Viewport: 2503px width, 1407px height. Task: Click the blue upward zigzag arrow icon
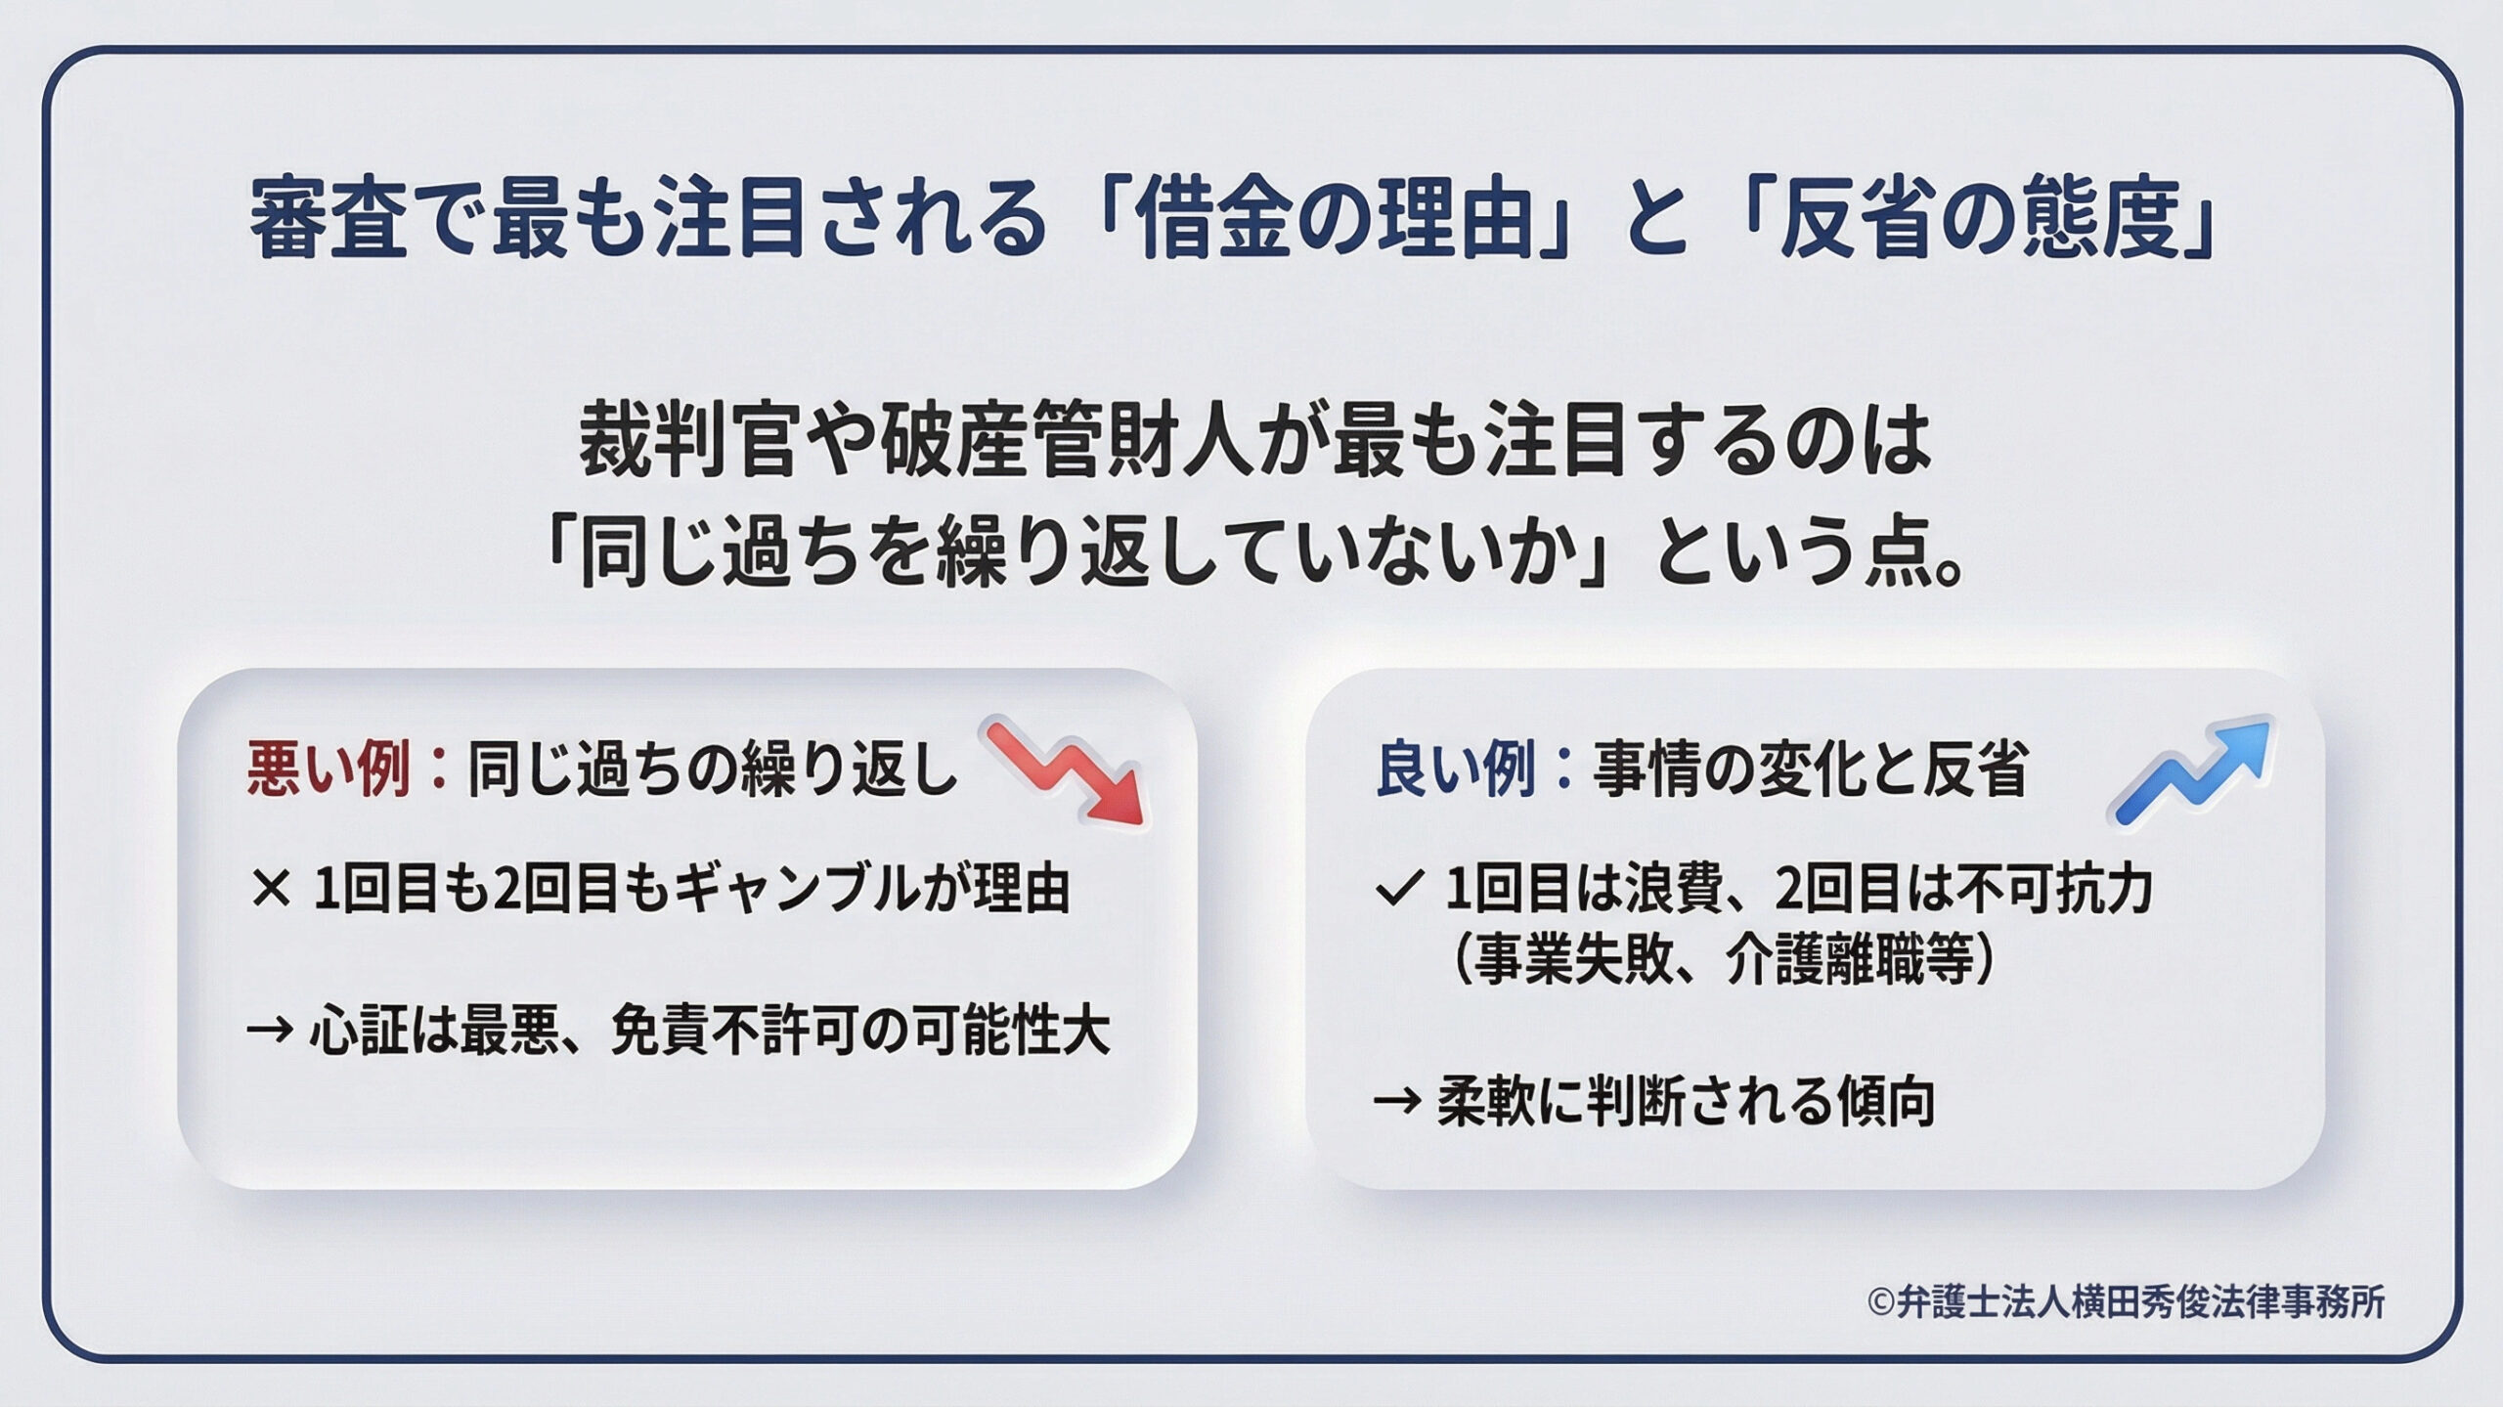pyautogui.click(x=2190, y=772)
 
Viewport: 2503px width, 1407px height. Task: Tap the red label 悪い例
pyautogui.click(x=329, y=770)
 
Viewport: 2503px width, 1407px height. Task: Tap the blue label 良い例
pyautogui.click(x=1455, y=770)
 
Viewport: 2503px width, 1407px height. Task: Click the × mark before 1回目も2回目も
pyautogui.click(x=271, y=890)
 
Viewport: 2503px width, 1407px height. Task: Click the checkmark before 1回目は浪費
pyautogui.click(x=1396, y=890)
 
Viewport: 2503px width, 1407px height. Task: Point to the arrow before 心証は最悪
pyautogui.click(x=270, y=1031)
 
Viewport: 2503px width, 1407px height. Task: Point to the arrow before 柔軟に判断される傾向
pyautogui.click(x=1396, y=1102)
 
